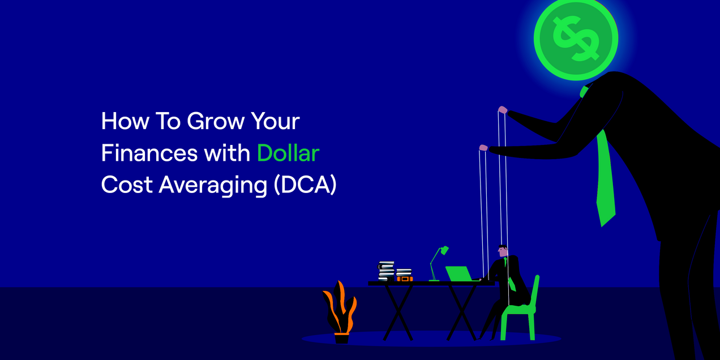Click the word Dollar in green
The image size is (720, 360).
click(x=288, y=153)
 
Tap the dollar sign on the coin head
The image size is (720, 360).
click(x=576, y=38)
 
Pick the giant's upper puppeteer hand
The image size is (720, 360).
click(x=502, y=110)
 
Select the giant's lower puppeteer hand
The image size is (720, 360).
click(x=483, y=148)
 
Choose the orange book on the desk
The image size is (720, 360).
click(x=404, y=278)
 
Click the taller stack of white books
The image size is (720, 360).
click(x=387, y=271)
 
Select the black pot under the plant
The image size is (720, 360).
click(x=341, y=338)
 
